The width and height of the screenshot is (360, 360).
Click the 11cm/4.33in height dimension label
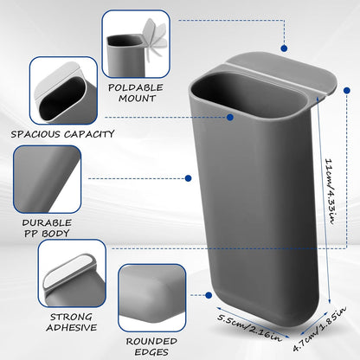[x=330, y=191]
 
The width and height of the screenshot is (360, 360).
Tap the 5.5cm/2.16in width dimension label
[x=249, y=328]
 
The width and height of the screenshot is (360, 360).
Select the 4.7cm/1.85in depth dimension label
[x=319, y=328]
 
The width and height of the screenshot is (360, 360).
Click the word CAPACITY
[x=89, y=134]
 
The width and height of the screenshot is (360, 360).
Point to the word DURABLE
[x=47, y=222]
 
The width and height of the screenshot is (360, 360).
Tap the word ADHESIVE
[x=72, y=327]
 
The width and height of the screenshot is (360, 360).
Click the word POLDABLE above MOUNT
[x=136, y=87]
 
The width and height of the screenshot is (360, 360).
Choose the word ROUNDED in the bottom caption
[x=151, y=342]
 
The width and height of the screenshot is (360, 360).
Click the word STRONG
[x=71, y=317]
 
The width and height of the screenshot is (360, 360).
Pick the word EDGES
[x=151, y=352]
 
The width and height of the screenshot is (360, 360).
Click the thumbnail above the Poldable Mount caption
[x=136, y=44]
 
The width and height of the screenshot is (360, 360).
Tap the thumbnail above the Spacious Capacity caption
[x=63, y=90]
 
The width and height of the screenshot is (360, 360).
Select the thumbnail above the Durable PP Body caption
[x=47, y=179]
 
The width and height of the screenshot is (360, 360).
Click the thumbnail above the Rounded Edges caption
[x=151, y=298]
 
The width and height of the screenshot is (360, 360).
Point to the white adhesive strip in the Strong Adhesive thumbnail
[x=70, y=272]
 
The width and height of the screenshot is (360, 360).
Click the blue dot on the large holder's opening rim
[x=230, y=118]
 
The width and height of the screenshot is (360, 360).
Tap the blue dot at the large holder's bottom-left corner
[x=209, y=295]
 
